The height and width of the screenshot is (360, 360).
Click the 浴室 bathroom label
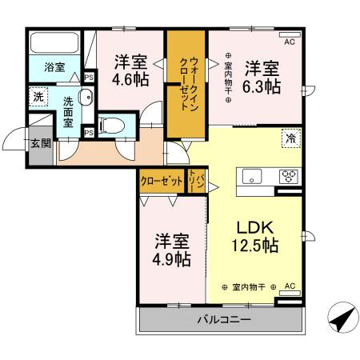[x=54, y=69]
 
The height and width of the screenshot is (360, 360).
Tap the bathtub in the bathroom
[x=54, y=42]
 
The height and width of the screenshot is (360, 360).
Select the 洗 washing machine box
[x=38, y=96]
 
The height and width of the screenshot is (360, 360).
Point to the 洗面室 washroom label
[x=69, y=113]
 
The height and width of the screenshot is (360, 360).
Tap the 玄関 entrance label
[x=41, y=144]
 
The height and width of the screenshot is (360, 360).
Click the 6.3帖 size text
[x=262, y=86]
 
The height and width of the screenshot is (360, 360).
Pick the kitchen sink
[x=250, y=177]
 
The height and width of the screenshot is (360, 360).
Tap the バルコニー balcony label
[x=224, y=320]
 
